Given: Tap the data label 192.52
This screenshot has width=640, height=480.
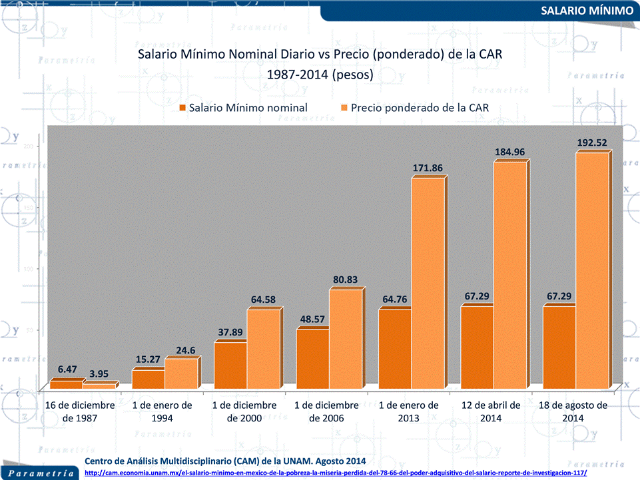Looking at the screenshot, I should [592, 142].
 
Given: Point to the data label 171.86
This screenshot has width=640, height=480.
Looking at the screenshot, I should [428, 167].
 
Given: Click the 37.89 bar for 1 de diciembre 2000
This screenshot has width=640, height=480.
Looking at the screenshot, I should [230, 365].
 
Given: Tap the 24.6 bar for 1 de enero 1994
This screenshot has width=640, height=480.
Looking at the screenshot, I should [181, 373].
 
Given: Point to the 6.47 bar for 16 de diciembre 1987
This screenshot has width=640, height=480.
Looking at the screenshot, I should [67, 384].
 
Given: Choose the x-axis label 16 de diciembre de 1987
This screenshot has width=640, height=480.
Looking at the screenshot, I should [81, 411].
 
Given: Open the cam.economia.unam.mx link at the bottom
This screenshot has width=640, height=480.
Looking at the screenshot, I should [336, 473].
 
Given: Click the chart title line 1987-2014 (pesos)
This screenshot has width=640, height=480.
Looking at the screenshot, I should [320, 75].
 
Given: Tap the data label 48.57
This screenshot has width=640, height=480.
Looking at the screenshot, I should [313, 319].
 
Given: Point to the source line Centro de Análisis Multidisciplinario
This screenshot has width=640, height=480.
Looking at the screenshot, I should [226, 461].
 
